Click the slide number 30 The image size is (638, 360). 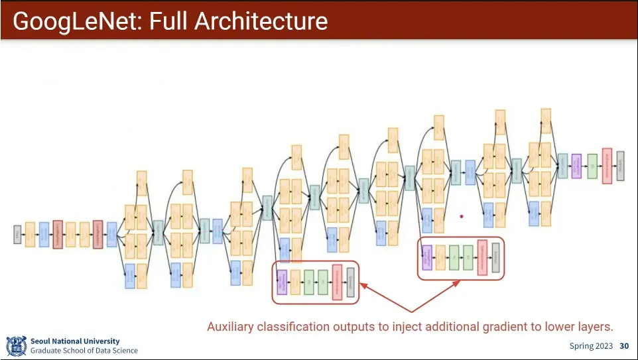tap(624, 346)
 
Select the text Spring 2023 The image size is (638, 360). tap(591, 346)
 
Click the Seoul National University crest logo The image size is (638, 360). tap(16, 345)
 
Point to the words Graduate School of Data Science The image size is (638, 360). tap(84, 351)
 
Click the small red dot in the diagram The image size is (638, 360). tap(462, 216)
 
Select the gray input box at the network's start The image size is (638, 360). tap(17, 234)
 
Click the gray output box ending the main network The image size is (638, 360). tap(620, 166)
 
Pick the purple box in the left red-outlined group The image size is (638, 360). tap(281, 282)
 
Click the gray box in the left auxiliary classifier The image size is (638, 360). tap(351, 282)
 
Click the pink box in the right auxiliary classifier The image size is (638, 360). tap(482, 257)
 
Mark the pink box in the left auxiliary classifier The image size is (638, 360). tap(337, 282)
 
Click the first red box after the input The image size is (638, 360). tap(58, 234)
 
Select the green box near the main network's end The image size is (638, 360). tap(592, 166)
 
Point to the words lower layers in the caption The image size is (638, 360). tap(584, 327)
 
